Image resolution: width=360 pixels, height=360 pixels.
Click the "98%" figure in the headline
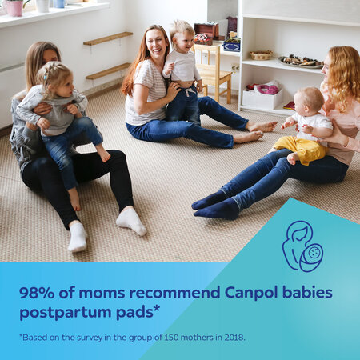tap(37, 293)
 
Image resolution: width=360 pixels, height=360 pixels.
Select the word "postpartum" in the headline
tap(66, 312)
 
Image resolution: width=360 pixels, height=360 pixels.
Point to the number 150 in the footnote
tap(171, 338)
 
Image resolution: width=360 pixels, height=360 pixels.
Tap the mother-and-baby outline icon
tap(302, 246)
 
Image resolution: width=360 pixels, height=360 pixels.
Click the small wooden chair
tap(213, 73)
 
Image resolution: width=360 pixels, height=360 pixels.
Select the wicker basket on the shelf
tap(261, 55)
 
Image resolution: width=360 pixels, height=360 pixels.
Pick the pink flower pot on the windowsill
tap(14, 7)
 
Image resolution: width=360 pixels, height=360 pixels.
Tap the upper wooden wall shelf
tap(108, 38)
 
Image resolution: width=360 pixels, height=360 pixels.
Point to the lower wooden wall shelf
tap(108, 71)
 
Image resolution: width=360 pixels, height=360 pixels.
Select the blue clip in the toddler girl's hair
tap(46, 78)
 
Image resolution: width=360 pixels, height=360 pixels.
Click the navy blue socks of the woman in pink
tap(217, 204)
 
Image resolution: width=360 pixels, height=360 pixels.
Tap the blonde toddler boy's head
tap(182, 34)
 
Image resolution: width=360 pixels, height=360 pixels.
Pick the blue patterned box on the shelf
tap(231, 44)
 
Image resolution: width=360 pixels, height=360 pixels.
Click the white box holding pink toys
tap(262, 98)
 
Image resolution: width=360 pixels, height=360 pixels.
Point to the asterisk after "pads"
tap(157, 309)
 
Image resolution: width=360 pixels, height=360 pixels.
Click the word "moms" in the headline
tap(102, 294)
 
